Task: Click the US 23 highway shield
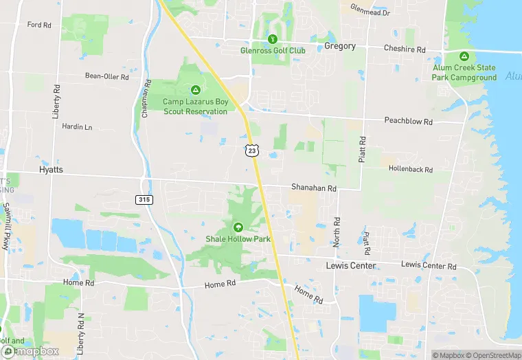coord(252,150)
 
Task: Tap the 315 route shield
coord(143,199)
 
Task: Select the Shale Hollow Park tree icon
coord(238,227)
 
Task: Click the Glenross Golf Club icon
coord(273,39)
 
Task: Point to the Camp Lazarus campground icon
coord(196,90)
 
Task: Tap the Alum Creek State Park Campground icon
coord(464,56)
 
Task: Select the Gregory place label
coord(340,46)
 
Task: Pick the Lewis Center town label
coord(350,265)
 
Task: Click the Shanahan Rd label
coord(313,188)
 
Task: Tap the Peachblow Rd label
coord(408,122)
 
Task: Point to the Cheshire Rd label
coord(405,49)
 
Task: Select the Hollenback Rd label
coord(410,169)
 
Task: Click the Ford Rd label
coord(39,25)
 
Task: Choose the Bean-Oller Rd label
coord(106,76)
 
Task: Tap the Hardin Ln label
coord(76,126)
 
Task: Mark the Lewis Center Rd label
coord(429,265)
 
